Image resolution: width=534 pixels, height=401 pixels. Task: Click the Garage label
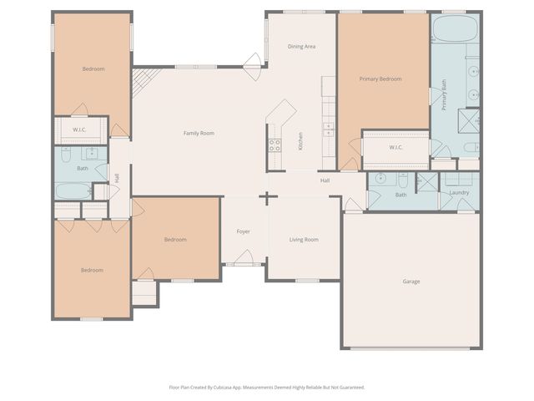click(411, 282)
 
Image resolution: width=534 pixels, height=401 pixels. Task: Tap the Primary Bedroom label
click(380, 79)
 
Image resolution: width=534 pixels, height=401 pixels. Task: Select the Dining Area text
click(301, 47)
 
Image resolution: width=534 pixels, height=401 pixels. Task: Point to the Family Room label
click(199, 133)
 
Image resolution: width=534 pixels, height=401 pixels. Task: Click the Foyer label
click(244, 231)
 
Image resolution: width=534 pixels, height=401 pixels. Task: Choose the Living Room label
click(304, 240)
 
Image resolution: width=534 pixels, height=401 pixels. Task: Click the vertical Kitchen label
click(300, 141)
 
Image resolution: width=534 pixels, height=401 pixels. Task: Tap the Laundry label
click(459, 193)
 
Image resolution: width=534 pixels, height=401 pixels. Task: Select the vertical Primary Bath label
click(444, 94)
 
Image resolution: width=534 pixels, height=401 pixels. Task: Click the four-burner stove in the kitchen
click(274, 145)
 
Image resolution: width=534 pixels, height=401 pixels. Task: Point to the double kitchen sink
click(328, 129)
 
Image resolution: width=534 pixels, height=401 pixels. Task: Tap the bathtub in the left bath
click(73, 191)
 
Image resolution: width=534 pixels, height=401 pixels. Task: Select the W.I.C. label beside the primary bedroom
click(396, 148)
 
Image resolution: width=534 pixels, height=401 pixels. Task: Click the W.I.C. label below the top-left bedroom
click(79, 129)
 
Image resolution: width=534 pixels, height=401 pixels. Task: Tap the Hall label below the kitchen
click(325, 180)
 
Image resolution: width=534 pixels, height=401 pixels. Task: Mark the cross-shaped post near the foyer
click(267, 198)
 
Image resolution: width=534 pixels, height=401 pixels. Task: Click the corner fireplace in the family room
click(142, 81)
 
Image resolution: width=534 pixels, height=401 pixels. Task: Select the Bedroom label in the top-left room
click(93, 69)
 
